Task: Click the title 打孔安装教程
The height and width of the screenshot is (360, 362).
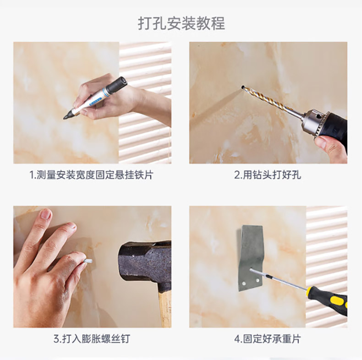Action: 181,23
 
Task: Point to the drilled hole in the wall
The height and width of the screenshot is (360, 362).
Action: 243,87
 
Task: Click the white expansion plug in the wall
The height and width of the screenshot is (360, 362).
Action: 88,262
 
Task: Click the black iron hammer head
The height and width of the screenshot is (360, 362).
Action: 145,261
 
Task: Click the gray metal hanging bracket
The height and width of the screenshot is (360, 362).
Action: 251,258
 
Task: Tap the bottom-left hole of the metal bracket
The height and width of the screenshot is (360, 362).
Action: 243,282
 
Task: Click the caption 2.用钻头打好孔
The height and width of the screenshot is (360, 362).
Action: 268,175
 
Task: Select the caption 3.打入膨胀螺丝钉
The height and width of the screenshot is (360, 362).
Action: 92,339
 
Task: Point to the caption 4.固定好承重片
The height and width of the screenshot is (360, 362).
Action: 268,339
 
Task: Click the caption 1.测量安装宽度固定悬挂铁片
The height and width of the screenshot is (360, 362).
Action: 92,175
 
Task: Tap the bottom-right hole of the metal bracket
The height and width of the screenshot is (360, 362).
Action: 258,281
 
